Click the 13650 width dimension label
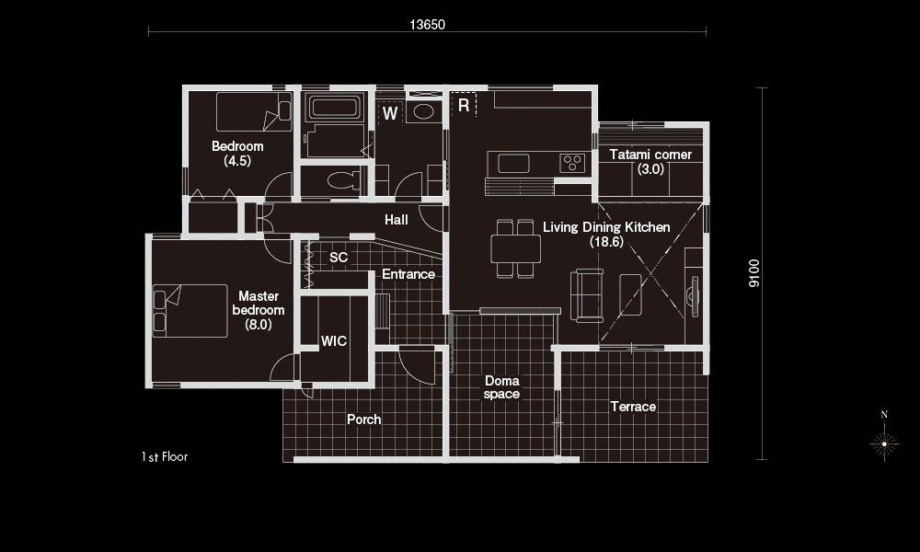(427, 25)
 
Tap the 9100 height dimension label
(754, 273)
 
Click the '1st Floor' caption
(165, 456)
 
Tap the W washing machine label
(390, 112)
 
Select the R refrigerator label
(464, 105)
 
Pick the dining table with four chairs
(516, 248)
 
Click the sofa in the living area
(587, 295)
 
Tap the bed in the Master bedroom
(190, 311)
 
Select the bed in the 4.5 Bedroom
(254, 111)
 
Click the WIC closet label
(334, 340)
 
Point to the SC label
(339, 257)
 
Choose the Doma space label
(501, 387)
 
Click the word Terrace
(633, 407)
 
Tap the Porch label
(363, 420)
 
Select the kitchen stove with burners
(572, 163)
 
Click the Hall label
(396, 220)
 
